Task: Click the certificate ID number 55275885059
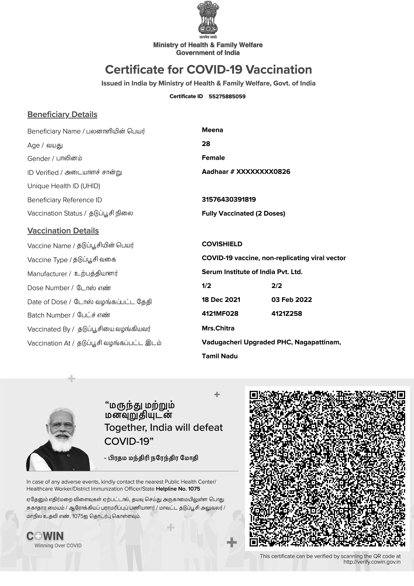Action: point(227,97)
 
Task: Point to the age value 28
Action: point(206,144)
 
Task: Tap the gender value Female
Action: point(213,158)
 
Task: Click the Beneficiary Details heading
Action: point(62,114)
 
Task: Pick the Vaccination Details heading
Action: point(63,231)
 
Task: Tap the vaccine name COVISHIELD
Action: point(222,244)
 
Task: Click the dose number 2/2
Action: point(276,286)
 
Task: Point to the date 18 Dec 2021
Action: point(221,300)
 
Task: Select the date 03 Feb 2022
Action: point(292,300)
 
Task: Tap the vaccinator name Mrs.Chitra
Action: point(218,328)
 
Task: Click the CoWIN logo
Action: point(45,536)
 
